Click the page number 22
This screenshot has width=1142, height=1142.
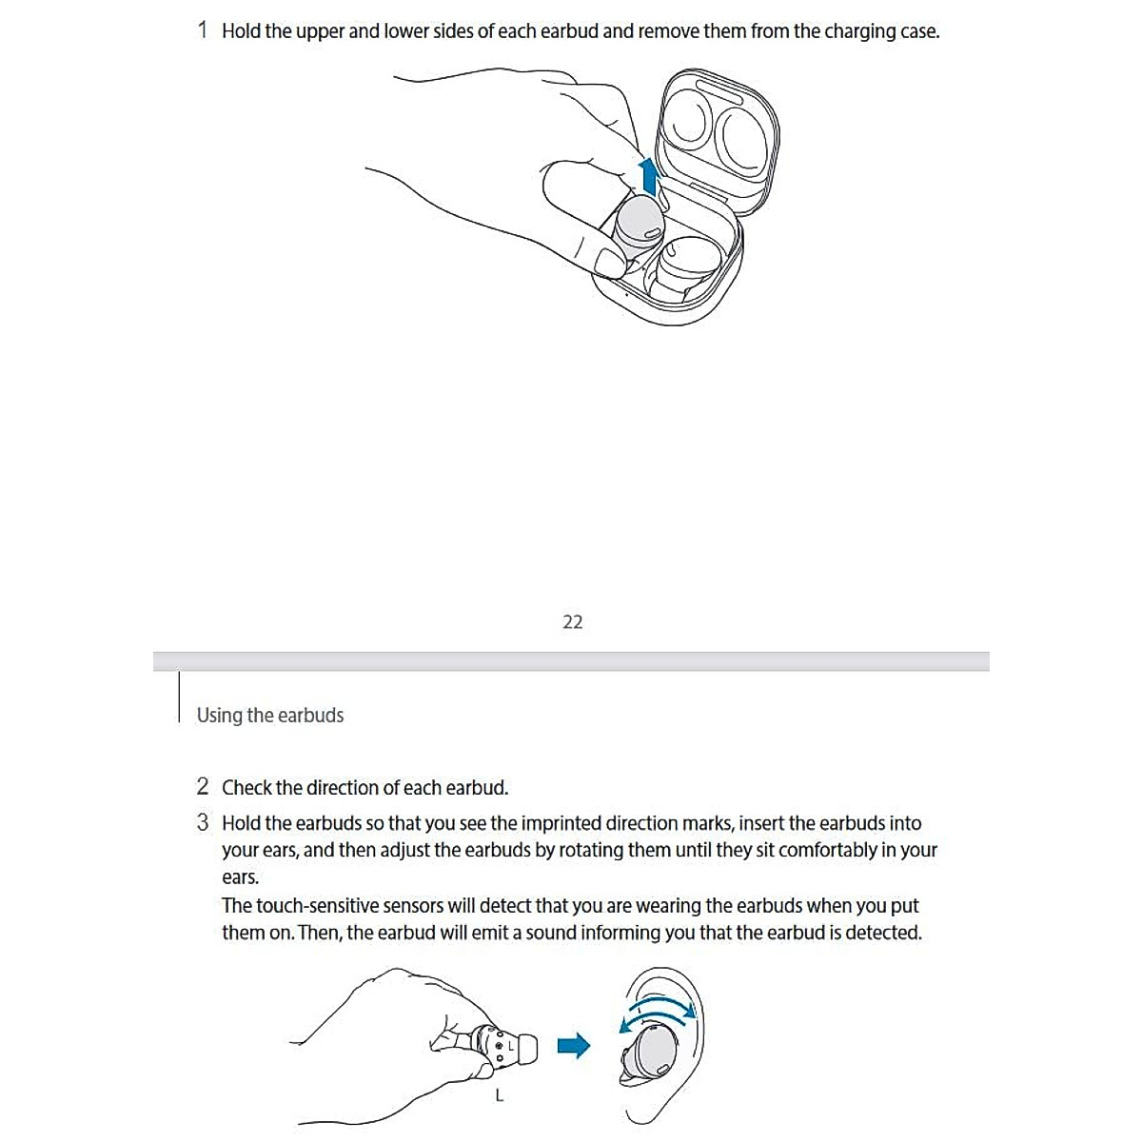[572, 622]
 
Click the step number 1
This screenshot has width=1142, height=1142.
[202, 30]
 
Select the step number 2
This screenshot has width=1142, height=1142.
[202, 787]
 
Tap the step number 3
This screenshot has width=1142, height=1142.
[202, 822]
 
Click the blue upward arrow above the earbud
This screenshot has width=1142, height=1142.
[649, 177]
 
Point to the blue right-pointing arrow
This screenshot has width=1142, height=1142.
[573, 1046]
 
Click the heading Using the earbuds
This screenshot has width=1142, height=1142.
[269, 716]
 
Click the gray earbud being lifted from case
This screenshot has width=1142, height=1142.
[638, 226]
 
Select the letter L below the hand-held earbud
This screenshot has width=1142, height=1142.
[499, 1095]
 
